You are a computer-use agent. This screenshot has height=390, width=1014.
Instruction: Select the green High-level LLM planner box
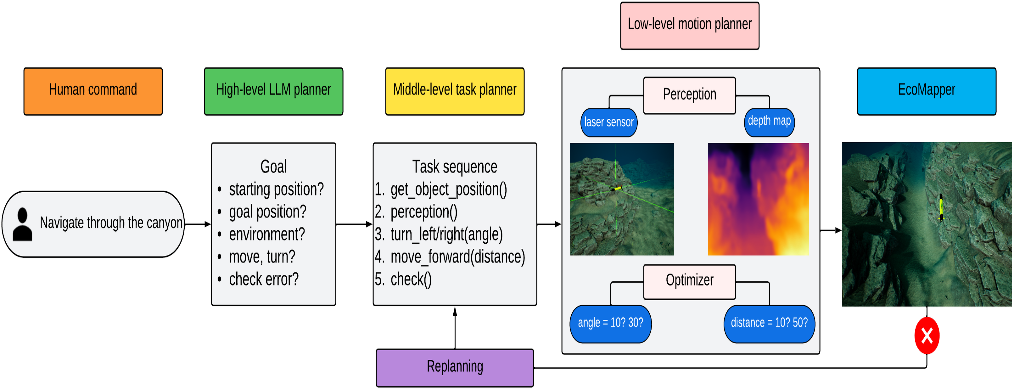pyautogui.click(x=274, y=91)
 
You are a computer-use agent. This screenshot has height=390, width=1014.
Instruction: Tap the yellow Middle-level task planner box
pyautogui.click(x=455, y=91)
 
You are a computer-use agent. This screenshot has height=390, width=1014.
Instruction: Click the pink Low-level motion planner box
pyautogui.click(x=690, y=25)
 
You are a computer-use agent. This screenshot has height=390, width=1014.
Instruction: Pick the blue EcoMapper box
pyautogui.click(x=927, y=91)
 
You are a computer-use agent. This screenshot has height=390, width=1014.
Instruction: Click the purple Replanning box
pyautogui.click(x=455, y=368)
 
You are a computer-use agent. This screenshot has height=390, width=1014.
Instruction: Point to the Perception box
pyautogui.click(x=690, y=95)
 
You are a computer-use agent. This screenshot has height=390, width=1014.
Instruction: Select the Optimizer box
pyautogui.click(x=690, y=282)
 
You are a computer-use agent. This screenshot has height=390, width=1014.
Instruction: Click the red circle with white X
pyautogui.click(x=927, y=336)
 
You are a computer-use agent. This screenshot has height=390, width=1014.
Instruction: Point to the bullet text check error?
pyautogui.click(x=264, y=279)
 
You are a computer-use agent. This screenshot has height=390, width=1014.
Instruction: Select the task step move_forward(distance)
pyautogui.click(x=458, y=257)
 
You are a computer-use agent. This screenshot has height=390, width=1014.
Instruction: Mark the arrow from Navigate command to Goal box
pyautogui.click(x=198, y=224)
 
